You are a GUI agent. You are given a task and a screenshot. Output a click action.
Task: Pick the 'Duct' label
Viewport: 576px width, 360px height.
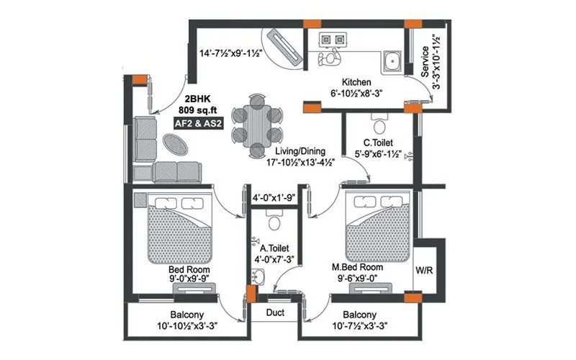click(275, 314)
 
